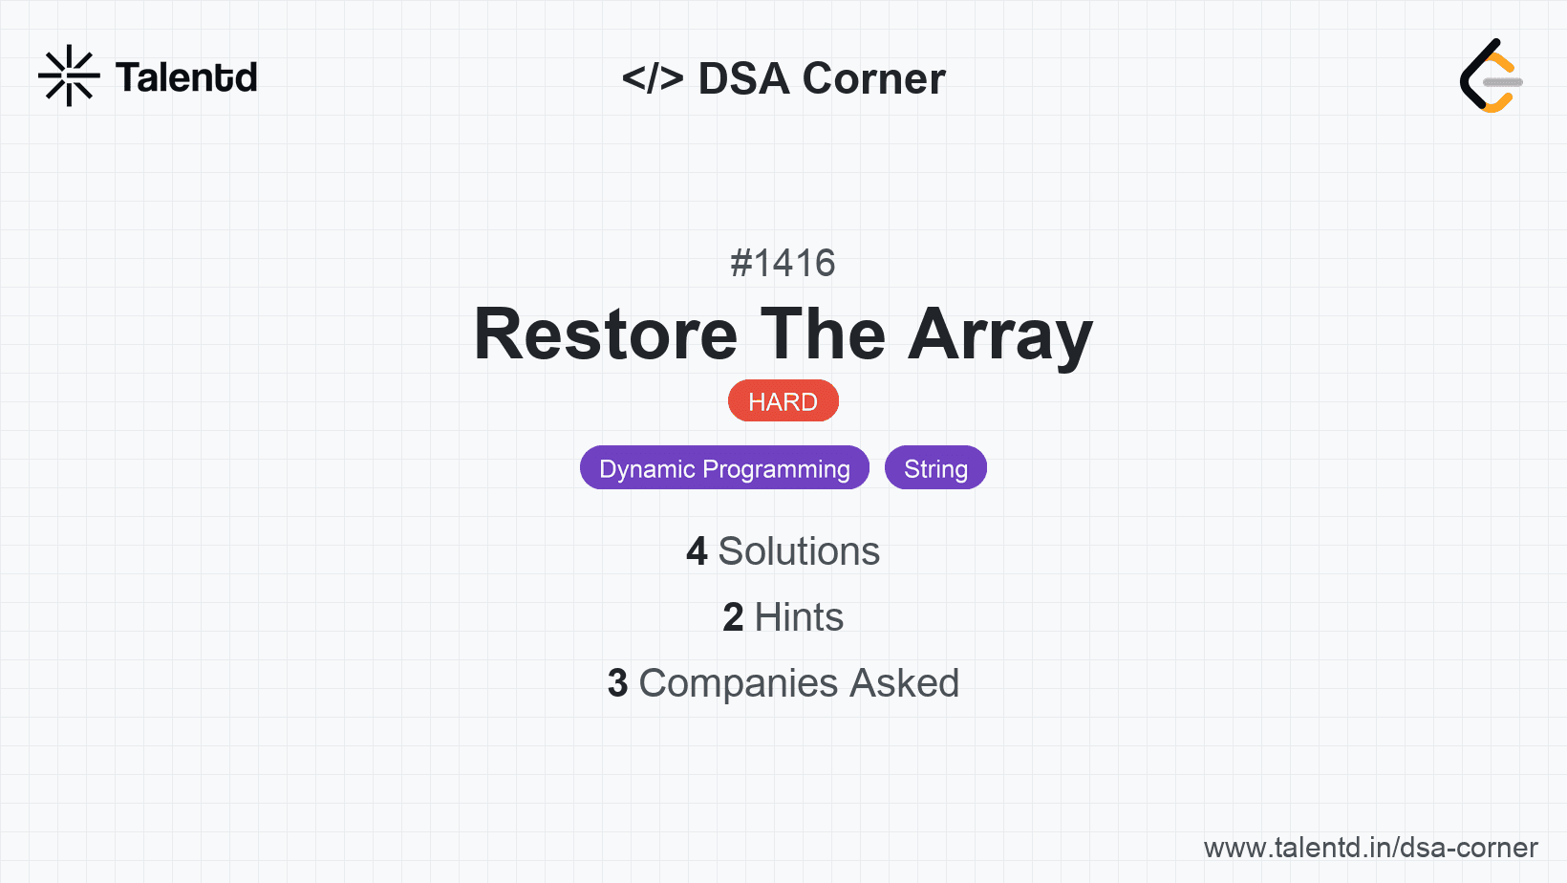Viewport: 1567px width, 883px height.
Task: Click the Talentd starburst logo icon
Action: pos(69,75)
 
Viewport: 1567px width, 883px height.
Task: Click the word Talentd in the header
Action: pos(186,77)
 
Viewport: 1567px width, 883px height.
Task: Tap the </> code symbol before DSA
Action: pos(653,77)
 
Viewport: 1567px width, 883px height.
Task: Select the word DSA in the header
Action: pos(743,78)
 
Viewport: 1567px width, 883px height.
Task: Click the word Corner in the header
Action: pos(873,78)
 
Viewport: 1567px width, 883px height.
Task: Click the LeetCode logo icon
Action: pos(1491,75)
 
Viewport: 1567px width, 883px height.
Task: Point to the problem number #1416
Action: pos(783,263)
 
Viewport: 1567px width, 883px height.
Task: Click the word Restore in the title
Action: pos(606,334)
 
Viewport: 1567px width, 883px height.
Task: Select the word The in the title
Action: pos(823,334)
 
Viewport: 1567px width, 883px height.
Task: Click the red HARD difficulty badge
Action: pos(783,401)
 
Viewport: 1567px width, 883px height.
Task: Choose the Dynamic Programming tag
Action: pos(724,467)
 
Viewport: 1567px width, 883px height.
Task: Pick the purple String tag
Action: pos(936,467)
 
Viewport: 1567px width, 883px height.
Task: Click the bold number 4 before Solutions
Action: pos(697,551)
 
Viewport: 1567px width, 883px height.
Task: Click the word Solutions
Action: pos(799,551)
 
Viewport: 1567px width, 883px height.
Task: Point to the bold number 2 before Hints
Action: pos(733,617)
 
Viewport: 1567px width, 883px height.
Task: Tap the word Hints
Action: pos(799,617)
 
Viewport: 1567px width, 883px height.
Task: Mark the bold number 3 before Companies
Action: pos(617,683)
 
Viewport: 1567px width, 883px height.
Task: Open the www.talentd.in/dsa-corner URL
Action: pos(1370,848)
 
